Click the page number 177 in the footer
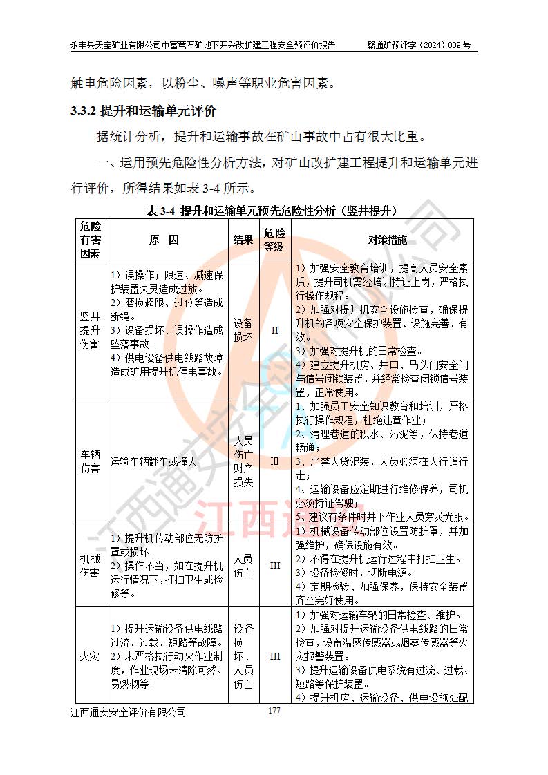274,711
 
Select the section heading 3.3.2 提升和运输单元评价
143,111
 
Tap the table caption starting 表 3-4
274,211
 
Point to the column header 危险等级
274,240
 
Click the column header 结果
243,240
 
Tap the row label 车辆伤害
91,461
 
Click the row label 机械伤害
91,566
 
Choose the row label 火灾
91,655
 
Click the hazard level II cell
274,329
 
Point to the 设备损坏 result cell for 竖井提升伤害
243,329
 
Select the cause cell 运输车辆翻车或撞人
153,461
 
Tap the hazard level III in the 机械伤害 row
274,566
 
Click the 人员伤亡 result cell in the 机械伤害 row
243,566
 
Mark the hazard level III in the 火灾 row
274,655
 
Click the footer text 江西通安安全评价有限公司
128,712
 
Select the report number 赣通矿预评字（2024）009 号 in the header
419,45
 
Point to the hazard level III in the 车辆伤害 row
274,461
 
